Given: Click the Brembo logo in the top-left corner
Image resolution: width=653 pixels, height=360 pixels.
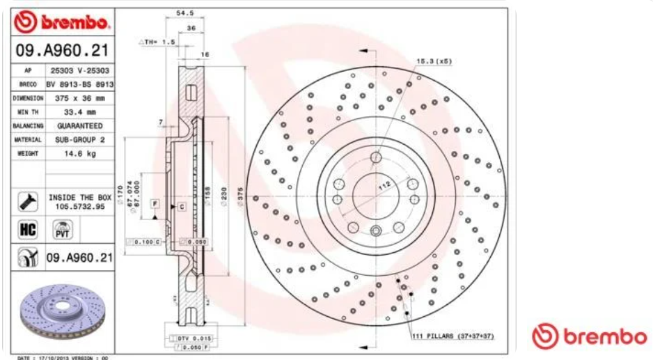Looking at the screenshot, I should (62, 23).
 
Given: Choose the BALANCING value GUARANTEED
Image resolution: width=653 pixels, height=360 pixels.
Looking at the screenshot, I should (80, 126).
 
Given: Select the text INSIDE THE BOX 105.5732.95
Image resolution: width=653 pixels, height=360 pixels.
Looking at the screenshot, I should (80, 202).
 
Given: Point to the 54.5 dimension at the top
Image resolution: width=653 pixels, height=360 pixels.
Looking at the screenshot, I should (184, 13).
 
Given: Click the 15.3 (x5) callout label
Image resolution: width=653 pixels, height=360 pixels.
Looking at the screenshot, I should (434, 61).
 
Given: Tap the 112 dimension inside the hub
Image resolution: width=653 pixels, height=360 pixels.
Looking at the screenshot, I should (382, 186).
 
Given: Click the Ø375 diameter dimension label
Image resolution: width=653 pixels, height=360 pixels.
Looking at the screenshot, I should (240, 199).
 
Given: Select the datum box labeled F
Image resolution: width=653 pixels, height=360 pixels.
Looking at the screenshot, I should (154, 203).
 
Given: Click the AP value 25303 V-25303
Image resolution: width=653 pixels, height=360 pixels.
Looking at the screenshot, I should (80, 71).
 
